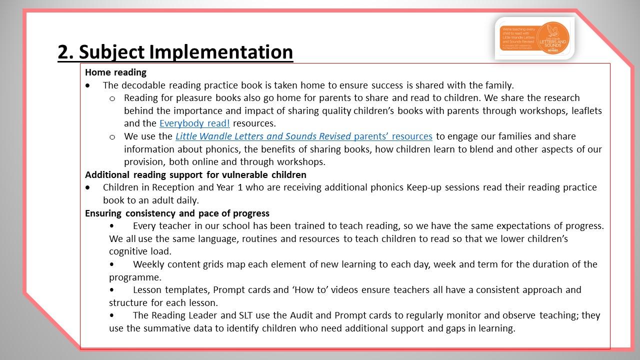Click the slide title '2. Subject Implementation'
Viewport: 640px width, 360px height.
pyautogui.click(x=175, y=52)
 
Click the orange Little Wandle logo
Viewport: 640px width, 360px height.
pyautogui.click(x=534, y=38)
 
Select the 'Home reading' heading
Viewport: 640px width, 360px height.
pyautogui.click(x=115, y=72)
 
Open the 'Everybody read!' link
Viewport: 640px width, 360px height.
pyautogui.click(x=194, y=123)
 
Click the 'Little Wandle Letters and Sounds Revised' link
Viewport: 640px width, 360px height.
pyautogui.click(x=263, y=136)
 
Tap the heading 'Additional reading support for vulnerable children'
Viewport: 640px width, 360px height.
pyautogui.click(x=195, y=175)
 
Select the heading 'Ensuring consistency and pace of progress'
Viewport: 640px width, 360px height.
pyautogui.click(x=177, y=213)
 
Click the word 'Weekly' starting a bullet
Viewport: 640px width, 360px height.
pyautogui.click(x=149, y=264)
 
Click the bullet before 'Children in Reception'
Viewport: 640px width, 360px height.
pyautogui.click(x=88, y=187)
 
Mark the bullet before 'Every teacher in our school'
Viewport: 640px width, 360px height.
pyautogui.click(x=111, y=226)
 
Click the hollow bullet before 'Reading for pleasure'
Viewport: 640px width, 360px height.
pyautogui.click(x=112, y=98)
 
